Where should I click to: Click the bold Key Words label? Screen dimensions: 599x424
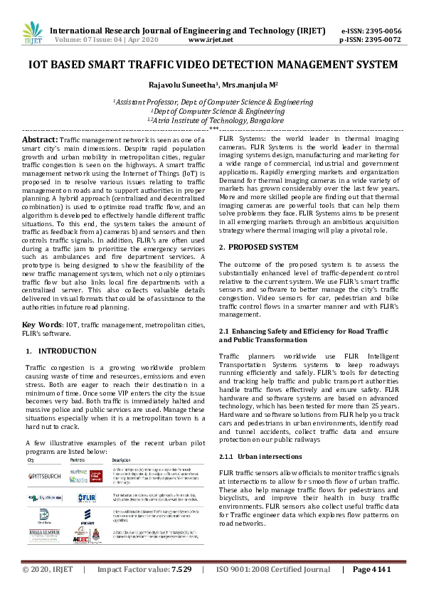pos(39,324)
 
